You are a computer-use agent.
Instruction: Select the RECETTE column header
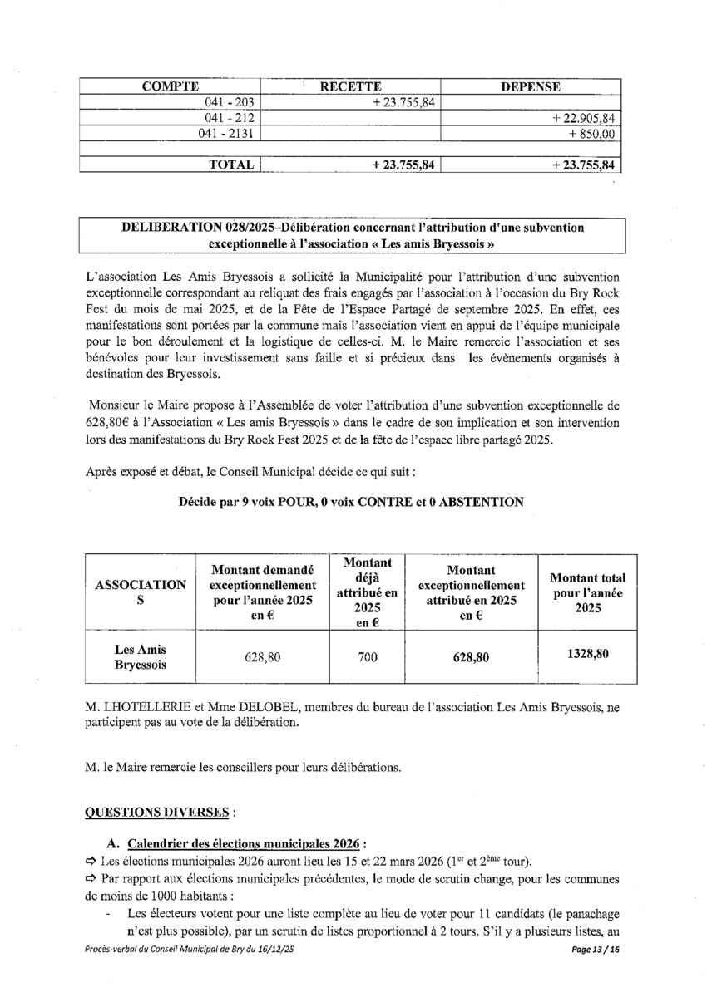(x=351, y=86)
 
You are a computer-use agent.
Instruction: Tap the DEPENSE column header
(x=530, y=86)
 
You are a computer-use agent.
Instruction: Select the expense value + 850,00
(x=591, y=134)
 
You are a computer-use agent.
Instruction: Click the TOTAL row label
(x=231, y=165)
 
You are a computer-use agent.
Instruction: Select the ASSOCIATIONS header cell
(x=140, y=592)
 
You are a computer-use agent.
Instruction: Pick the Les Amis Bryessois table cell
(x=140, y=657)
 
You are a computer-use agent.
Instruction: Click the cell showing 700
(x=367, y=657)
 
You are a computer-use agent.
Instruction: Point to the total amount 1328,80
(x=588, y=654)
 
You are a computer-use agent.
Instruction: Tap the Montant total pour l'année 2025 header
(x=588, y=592)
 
